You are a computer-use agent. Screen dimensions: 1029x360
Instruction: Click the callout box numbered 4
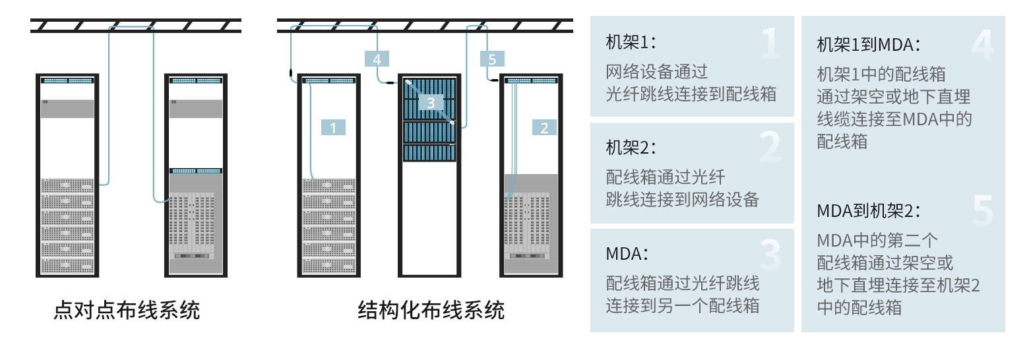377,59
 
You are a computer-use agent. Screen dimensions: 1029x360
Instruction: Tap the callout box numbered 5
492,59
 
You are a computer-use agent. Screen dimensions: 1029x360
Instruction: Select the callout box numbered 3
431,102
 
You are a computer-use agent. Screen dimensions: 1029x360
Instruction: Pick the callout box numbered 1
333,127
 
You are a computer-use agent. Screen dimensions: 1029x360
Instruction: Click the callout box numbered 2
544,127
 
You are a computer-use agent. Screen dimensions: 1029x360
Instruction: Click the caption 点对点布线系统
127,310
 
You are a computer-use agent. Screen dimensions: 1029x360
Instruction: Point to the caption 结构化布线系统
431,310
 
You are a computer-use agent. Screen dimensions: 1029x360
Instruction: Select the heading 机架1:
631,42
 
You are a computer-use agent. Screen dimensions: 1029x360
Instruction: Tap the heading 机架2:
631,148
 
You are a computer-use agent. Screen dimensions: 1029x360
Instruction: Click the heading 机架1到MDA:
869,45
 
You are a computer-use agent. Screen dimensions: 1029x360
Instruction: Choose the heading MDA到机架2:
869,211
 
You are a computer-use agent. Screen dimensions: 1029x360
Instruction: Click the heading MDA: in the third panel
627,253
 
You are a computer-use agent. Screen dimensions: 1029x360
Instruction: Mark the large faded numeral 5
983,211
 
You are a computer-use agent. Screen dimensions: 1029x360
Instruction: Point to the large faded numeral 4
983,45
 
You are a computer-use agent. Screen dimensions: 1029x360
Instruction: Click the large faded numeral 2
770,147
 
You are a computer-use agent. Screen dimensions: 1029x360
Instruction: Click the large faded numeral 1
770,43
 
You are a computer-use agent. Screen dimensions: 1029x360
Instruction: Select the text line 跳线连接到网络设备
683,199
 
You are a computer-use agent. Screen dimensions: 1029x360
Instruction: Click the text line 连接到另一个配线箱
683,305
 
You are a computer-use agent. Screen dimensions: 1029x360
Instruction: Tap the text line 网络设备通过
657,72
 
